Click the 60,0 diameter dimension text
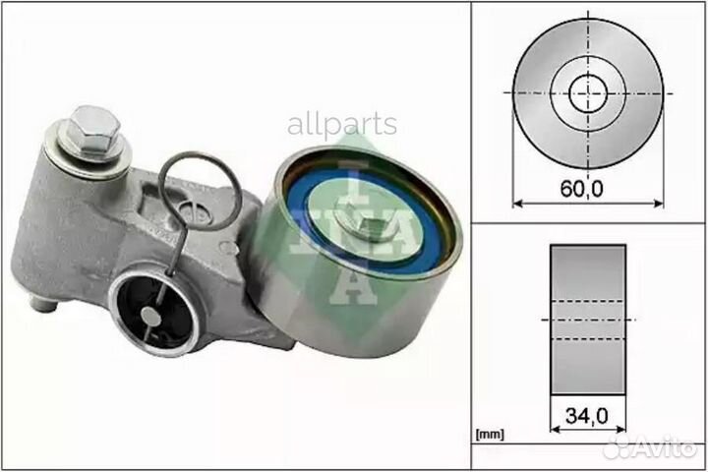tap(589, 191)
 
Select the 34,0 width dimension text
tap(588, 416)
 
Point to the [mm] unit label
tap(489, 433)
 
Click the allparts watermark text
tap(342, 125)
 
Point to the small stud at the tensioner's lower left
tap(42, 302)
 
